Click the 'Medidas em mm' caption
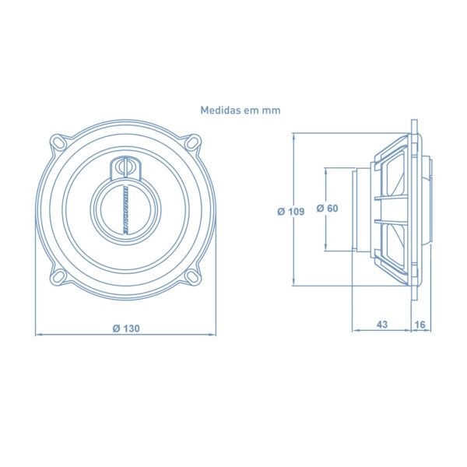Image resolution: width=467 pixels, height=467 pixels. [x=241, y=111]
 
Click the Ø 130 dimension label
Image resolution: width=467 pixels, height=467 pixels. [x=126, y=328]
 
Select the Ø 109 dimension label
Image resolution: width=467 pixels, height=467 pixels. [x=290, y=212]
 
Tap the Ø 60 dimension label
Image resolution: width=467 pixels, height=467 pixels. [x=327, y=208]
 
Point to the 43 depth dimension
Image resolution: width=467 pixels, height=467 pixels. [x=382, y=324]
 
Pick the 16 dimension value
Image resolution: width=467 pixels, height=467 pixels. [x=420, y=325]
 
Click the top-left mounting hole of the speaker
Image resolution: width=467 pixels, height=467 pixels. [x=58, y=142]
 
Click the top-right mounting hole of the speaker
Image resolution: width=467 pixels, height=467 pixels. [x=192, y=142]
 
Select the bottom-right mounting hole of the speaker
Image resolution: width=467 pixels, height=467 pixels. [x=192, y=276]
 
